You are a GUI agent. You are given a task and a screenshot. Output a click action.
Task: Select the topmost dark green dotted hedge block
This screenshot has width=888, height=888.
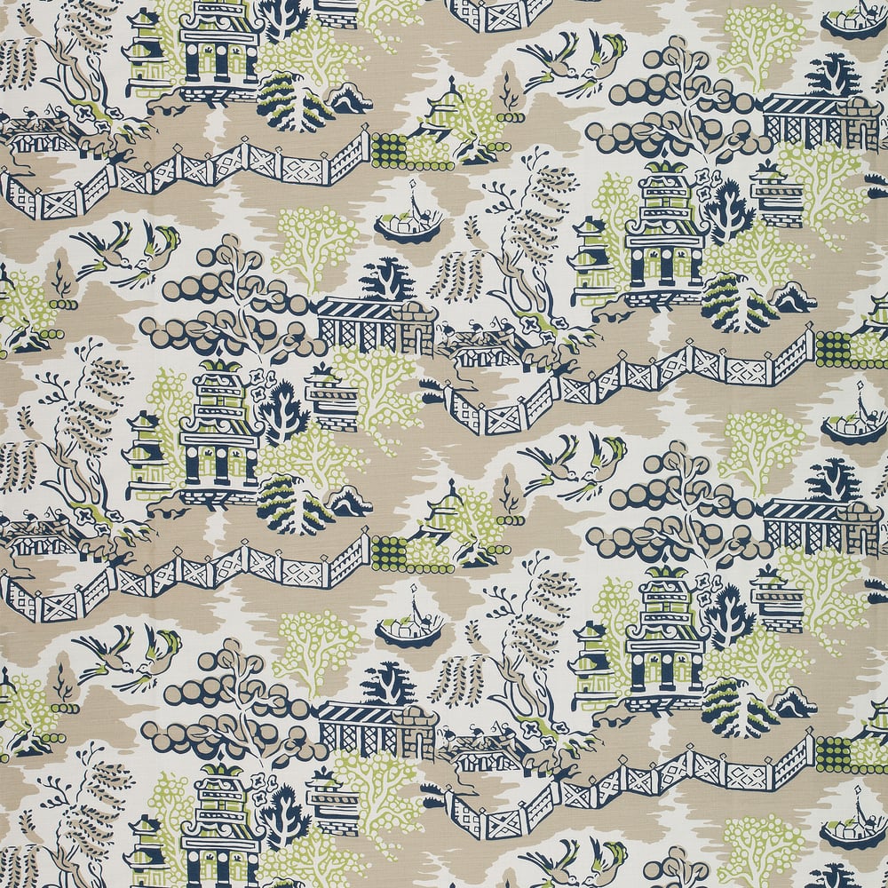387,147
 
